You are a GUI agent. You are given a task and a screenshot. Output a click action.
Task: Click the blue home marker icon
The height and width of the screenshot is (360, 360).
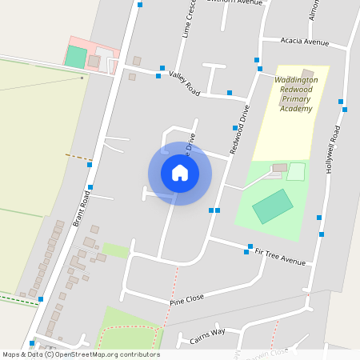point(180,173)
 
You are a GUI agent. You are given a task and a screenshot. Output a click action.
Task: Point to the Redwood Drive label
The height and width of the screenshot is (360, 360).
point(239,129)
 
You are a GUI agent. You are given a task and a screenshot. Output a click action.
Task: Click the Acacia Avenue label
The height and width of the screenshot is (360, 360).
point(305,42)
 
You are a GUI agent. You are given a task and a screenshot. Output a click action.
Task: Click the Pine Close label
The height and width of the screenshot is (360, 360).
point(187,299)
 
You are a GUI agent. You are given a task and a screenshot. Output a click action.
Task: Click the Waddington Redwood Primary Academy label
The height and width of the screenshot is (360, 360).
point(296,94)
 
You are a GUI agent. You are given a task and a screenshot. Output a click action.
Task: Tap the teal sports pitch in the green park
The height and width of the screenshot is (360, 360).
point(273,206)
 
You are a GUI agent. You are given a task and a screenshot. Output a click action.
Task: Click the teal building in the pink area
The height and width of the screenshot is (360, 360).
point(76,57)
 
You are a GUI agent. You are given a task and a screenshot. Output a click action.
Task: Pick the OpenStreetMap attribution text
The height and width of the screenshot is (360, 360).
point(81,354)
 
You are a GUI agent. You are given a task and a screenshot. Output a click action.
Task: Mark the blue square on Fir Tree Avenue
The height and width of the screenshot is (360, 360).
point(250,246)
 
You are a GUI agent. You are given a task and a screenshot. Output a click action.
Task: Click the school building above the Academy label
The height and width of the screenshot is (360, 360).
point(306,74)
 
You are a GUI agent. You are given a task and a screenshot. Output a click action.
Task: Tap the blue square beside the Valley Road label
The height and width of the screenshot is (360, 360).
point(162,68)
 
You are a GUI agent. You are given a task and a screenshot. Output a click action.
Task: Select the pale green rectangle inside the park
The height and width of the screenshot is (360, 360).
point(296,171)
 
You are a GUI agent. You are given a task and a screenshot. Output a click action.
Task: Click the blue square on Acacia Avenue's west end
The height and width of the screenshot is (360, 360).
point(257,59)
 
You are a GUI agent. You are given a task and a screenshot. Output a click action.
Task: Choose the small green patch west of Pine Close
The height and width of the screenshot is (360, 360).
point(115,250)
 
